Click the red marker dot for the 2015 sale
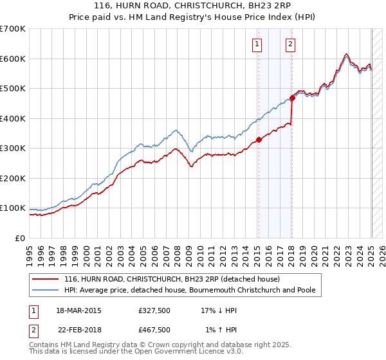click(x=259, y=139)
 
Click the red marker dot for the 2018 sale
click(x=292, y=98)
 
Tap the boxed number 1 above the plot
click(x=257, y=44)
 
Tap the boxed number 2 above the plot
click(x=291, y=44)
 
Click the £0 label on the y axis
click(x=20, y=238)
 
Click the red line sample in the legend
click(x=46, y=280)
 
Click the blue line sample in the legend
click(x=46, y=291)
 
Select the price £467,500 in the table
click(x=154, y=330)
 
